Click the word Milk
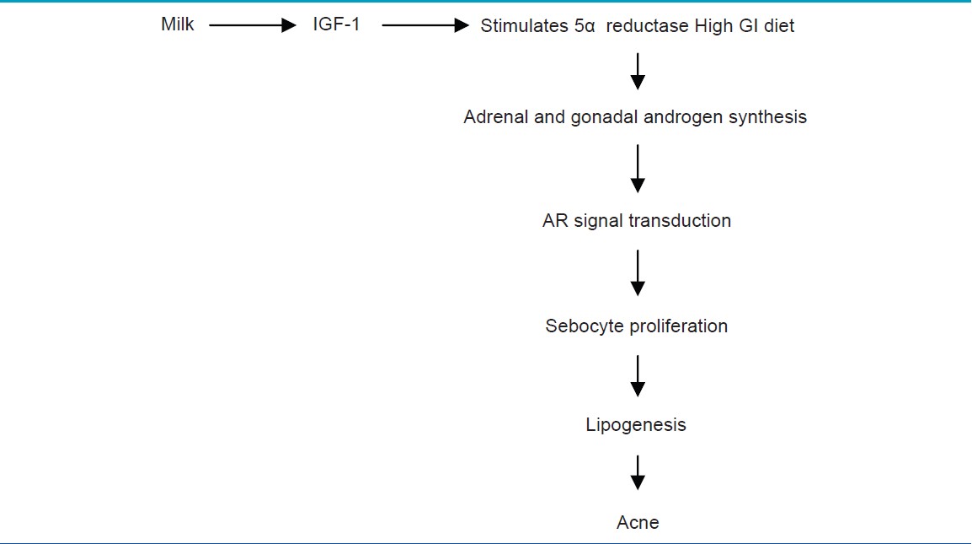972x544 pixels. click(177, 24)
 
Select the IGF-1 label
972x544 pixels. click(336, 24)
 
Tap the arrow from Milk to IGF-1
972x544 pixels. click(253, 25)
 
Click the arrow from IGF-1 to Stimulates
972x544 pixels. click(425, 25)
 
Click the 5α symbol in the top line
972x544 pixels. click(585, 26)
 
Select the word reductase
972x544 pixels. click(647, 25)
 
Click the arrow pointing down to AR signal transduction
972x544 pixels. click(638, 169)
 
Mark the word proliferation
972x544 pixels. click(674, 326)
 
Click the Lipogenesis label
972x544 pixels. click(636, 425)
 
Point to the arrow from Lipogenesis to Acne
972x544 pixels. click(638, 472)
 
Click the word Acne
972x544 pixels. click(638, 522)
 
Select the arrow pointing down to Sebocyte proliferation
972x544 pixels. click(638, 273)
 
